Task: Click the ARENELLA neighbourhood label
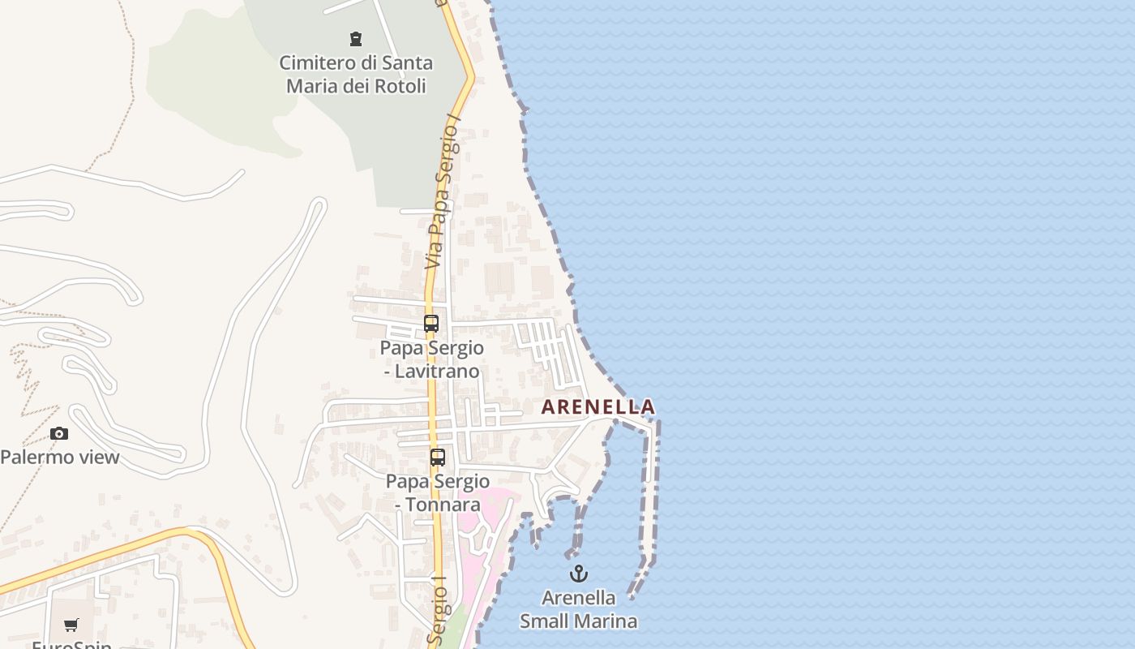tap(597, 406)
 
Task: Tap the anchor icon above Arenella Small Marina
tap(578, 574)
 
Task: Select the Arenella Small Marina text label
tap(578, 609)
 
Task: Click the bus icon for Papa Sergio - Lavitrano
tap(431, 324)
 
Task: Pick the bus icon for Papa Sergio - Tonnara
tap(438, 458)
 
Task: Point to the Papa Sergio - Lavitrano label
tap(432, 359)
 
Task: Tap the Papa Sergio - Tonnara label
tap(438, 492)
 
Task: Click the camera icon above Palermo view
tap(59, 434)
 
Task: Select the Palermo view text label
tap(60, 457)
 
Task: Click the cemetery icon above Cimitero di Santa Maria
tap(355, 38)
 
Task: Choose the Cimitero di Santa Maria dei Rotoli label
tap(356, 74)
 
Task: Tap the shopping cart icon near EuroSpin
tap(71, 625)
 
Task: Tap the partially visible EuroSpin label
tap(71, 643)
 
